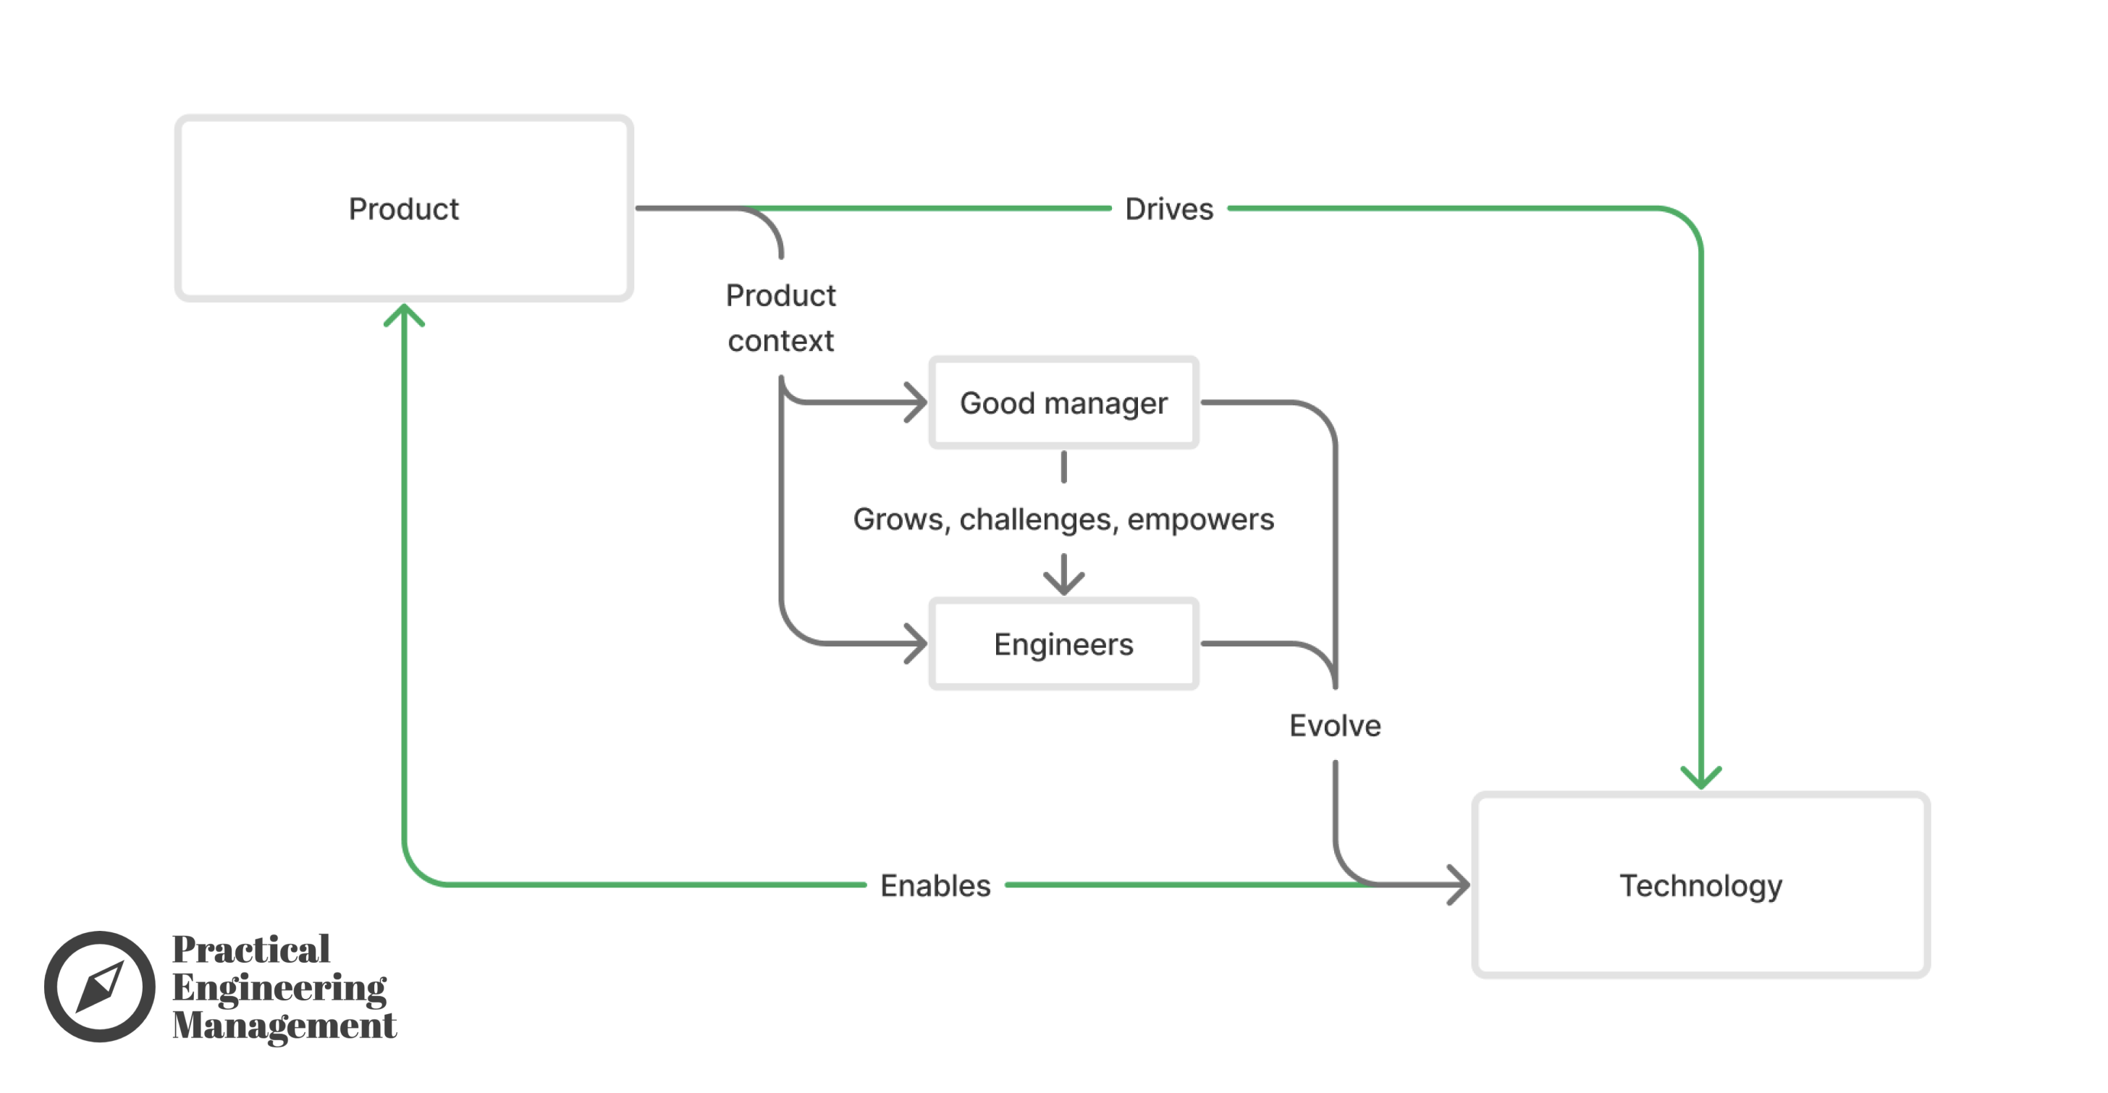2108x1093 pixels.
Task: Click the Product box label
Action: click(x=403, y=209)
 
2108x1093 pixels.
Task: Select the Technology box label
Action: click(x=1700, y=886)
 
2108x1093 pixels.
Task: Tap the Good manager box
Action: click(x=1063, y=403)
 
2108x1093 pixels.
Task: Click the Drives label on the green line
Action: click(x=1168, y=209)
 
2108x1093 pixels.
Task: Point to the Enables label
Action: click(x=935, y=886)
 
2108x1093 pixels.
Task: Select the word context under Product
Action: click(x=780, y=341)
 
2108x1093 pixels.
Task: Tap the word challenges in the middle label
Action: click(x=1034, y=520)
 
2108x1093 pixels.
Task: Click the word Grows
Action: click(x=898, y=520)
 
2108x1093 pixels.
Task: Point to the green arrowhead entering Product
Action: click(x=404, y=315)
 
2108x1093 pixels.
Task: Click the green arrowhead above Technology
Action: click(x=1701, y=777)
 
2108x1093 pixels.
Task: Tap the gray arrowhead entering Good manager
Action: click(x=916, y=402)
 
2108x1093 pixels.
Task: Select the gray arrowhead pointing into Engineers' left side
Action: click(x=916, y=643)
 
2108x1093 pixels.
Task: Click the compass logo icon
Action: click(x=100, y=987)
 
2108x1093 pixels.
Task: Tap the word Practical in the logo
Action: click(x=250, y=950)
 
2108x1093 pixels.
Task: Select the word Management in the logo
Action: click(x=284, y=1026)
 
